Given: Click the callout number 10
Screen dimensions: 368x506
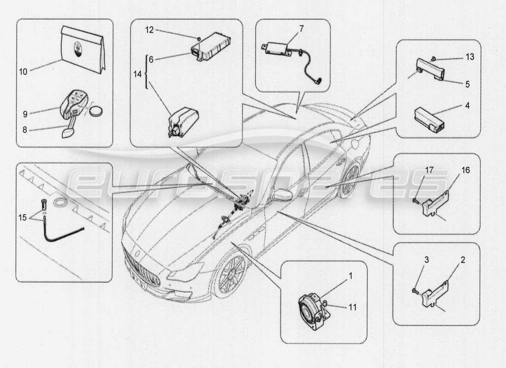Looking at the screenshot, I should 23,71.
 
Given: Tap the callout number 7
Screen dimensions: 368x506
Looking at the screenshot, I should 301,29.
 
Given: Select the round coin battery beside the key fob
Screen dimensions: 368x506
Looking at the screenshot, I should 96,111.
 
